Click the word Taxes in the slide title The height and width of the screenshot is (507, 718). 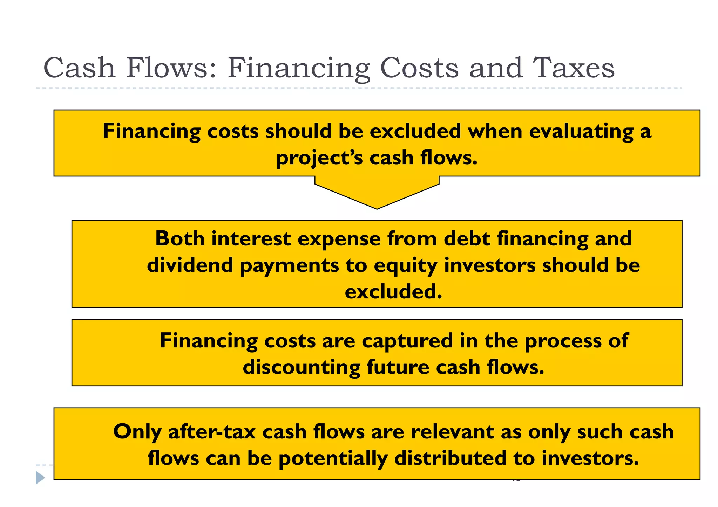pyautogui.click(x=573, y=68)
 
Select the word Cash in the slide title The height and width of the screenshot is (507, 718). pyautogui.click(x=79, y=68)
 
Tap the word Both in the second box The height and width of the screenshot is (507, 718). pyautogui.click(x=180, y=239)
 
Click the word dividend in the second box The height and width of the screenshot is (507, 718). pyautogui.click(x=190, y=265)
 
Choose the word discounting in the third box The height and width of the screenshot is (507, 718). pyautogui.click(x=301, y=368)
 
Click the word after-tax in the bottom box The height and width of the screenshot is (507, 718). pyautogui.click(x=212, y=432)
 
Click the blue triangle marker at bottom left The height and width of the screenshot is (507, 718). pyautogui.click(x=40, y=478)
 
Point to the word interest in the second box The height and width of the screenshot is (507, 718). pyautogui.click(x=251, y=239)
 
